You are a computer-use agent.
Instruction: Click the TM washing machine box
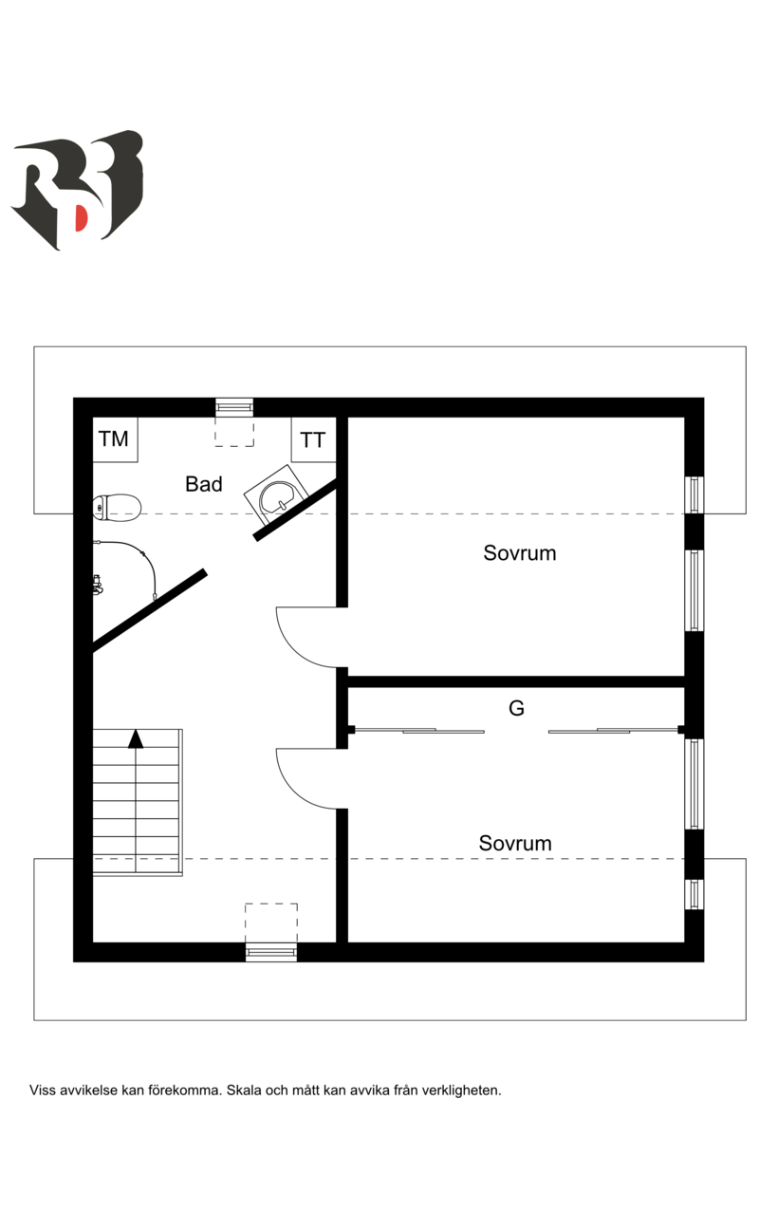[x=115, y=439]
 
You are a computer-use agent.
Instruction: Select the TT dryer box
[x=313, y=440]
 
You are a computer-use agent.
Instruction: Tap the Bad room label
[x=204, y=484]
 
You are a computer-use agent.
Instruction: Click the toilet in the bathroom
[x=118, y=507]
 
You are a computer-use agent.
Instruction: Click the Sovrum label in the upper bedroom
[x=519, y=553]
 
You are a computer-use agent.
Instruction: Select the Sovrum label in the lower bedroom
[x=515, y=843]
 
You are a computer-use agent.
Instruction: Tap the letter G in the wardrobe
[x=517, y=708]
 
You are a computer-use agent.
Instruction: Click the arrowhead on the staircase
[x=137, y=737]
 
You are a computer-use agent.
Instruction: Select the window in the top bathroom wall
[x=234, y=407]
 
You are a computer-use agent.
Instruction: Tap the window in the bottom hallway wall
[x=271, y=952]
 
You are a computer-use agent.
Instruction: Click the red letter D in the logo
[x=82, y=218]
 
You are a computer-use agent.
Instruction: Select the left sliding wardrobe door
[x=417, y=731]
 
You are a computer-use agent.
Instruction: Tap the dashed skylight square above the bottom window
[x=271, y=922]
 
